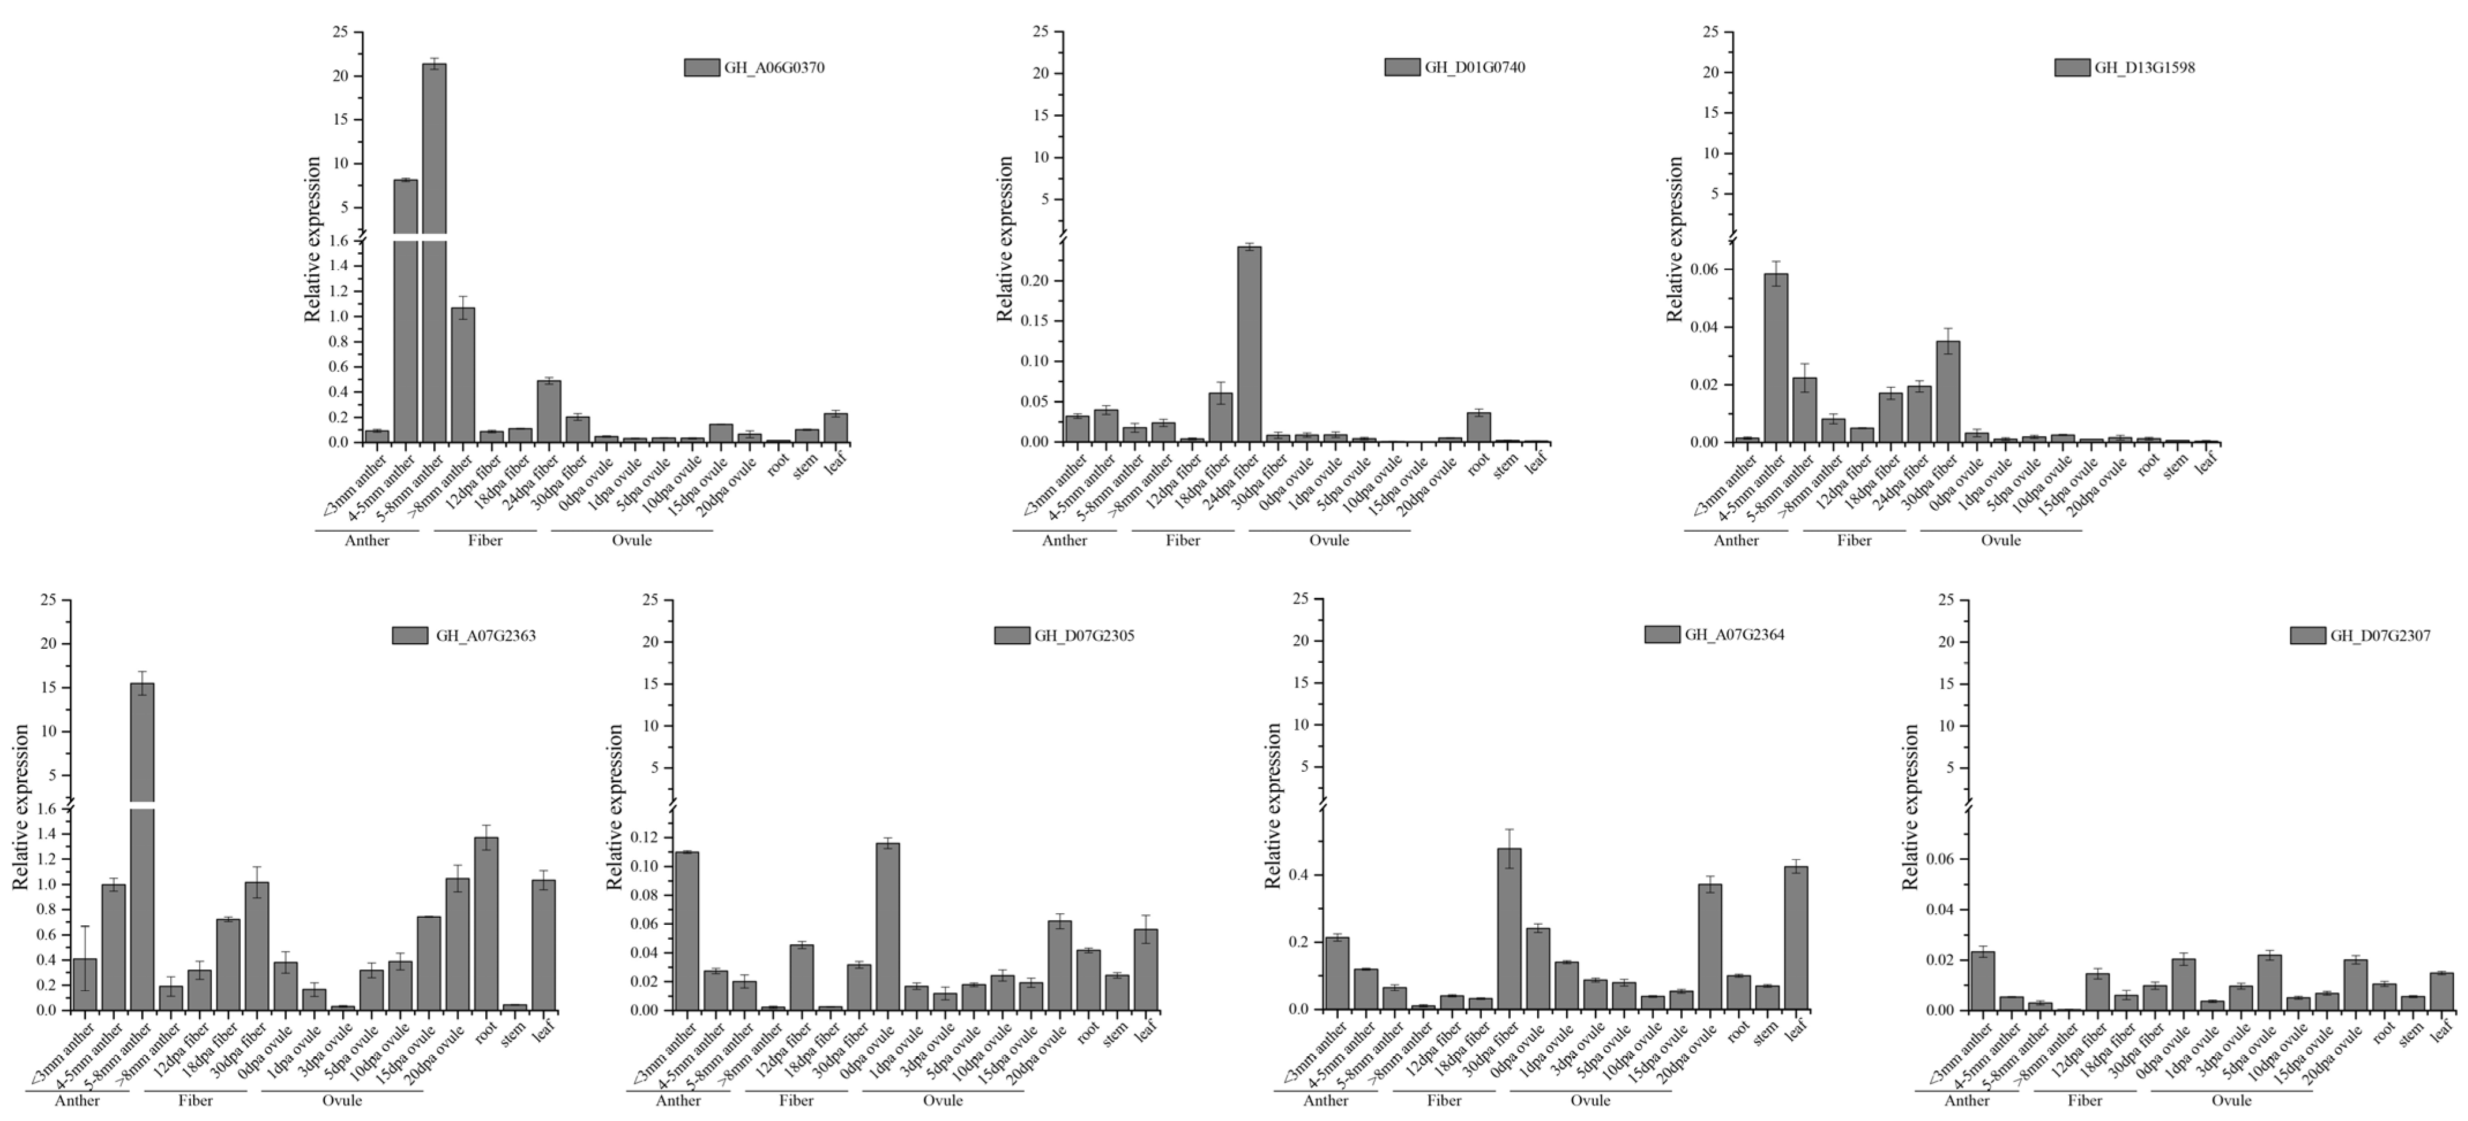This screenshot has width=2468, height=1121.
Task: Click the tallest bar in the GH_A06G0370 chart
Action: click(x=434, y=249)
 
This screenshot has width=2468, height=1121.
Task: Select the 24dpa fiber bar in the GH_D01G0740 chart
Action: click(x=1249, y=345)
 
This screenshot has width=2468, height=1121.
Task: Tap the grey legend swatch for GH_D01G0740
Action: click(x=1402, y=67)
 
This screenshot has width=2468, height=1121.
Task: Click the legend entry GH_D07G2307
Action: click(x=2380, y=635)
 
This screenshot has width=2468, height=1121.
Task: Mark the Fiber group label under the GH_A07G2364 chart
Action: click(x=1444, y=1100)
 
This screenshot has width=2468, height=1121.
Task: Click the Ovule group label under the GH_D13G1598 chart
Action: click(x=2001, y=540)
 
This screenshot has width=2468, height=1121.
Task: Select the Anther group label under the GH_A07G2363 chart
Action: click(x=77, y=1100)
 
